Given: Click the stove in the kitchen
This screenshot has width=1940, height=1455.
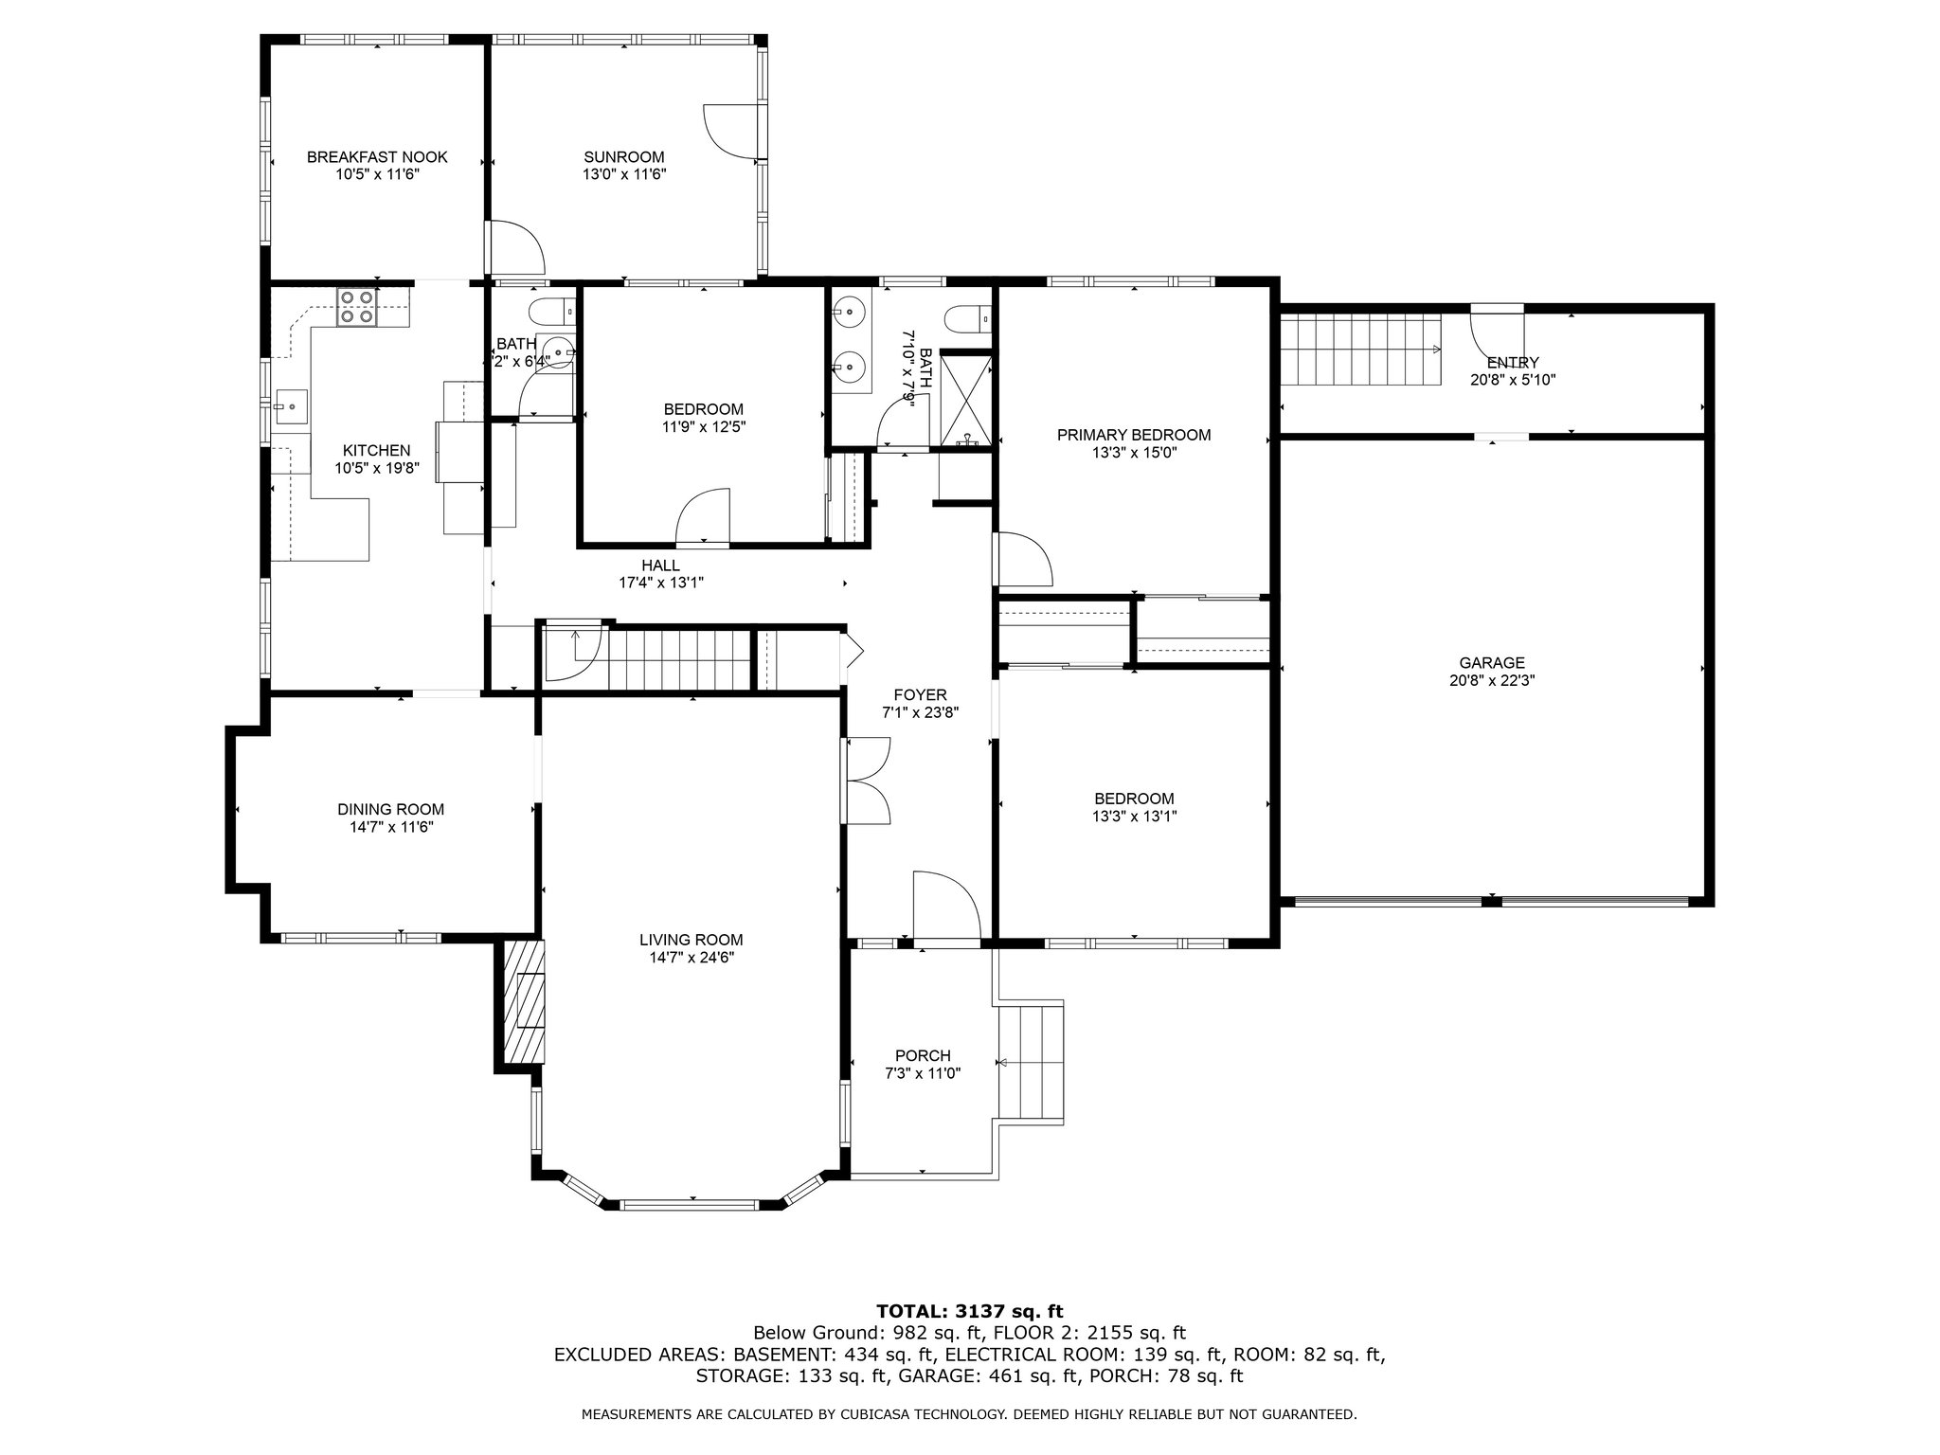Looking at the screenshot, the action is [x=358, y=306].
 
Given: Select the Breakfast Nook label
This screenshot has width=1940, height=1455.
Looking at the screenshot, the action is [x=377, y=157].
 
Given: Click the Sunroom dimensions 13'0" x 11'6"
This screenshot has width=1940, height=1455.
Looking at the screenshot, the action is [x=624, y=174].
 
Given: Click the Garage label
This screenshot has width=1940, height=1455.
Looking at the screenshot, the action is [x=1492, y=663].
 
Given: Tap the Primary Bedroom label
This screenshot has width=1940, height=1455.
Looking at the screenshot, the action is [x=1134, y=436].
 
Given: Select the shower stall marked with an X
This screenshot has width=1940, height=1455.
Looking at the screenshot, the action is [x=967, y=398].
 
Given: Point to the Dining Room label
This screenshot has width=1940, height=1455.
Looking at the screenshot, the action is [x=391, y=810].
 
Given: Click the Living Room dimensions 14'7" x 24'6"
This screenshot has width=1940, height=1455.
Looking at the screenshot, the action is [x=692, y=958].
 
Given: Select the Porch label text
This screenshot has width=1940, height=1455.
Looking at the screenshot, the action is [x=923, y=1056].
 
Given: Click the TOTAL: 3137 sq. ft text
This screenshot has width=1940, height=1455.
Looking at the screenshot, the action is [x=970, y=1312].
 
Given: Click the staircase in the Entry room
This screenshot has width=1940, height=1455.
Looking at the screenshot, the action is [x=1359, y=350].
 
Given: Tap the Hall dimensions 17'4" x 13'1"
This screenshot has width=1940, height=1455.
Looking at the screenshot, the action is [x=661, y=583].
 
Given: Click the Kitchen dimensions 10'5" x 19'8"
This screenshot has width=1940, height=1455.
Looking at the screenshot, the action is [x=377, y=468].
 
